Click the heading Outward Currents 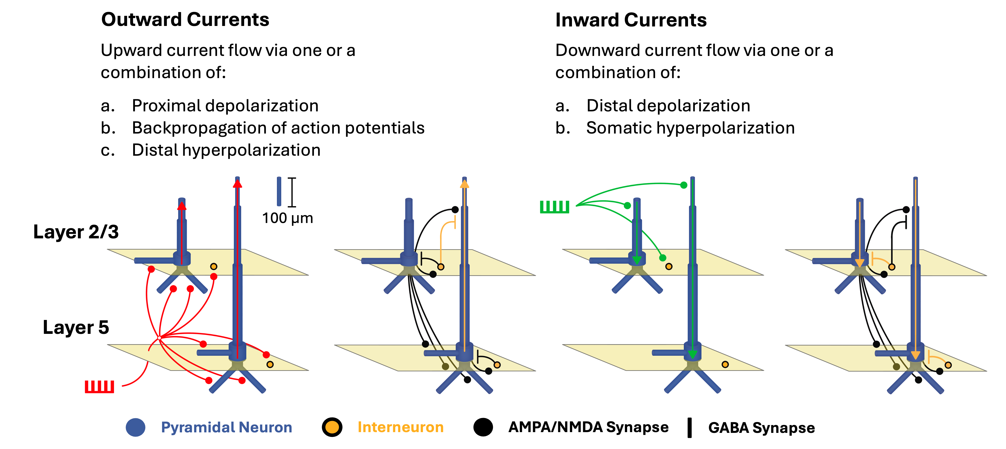point(185,20)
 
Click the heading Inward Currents point(631,20)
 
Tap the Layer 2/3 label point(76,232)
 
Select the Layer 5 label point(76,327)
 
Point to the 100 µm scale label point(288,218)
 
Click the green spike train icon point(555,207)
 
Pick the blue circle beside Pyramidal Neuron point(135,428)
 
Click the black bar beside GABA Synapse point(690,428)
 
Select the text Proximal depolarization point(225,106)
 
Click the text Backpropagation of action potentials point(278,128)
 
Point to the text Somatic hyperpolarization point(691,128)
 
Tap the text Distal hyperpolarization point(226,150)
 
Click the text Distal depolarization point(668,106)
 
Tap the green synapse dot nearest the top point(684,185)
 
